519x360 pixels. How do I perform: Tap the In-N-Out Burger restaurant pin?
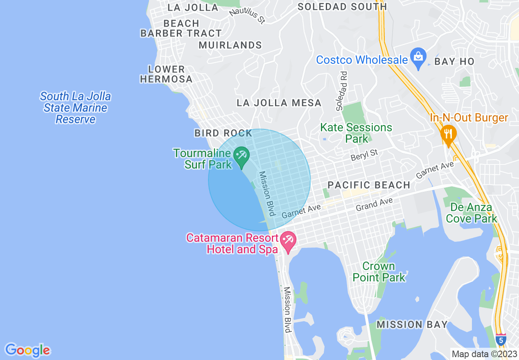[x=448, y=134]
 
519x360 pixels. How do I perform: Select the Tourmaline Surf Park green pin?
[x=241, y=156]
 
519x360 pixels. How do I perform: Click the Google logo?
[x=27, y=350]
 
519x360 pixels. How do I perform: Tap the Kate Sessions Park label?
[x=356, y=133]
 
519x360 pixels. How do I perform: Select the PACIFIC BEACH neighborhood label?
[x=369, y=185]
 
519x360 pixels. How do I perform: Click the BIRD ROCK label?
[x=223, y=133]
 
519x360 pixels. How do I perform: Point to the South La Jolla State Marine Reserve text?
[x=75, y=108]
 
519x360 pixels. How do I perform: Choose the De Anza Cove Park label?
[x=471, y=213]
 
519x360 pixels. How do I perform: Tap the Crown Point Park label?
[x=379, y=272]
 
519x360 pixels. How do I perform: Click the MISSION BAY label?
[x=412, y=325]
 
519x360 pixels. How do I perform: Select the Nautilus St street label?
[x=247, y=16]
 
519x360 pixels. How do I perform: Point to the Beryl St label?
[x=364, y=155]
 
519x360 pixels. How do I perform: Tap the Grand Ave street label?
[x=374, y=205]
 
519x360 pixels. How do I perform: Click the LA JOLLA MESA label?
[x=279, y=103]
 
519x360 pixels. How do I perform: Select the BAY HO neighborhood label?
[x=454, y=62]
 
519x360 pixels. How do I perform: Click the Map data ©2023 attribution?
[x=485, y=354]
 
